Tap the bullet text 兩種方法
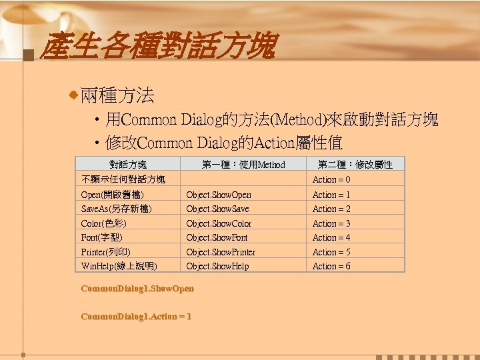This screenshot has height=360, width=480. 117,96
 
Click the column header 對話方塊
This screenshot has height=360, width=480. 128,165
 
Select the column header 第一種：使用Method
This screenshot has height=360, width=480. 243,165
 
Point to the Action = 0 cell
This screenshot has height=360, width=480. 331,179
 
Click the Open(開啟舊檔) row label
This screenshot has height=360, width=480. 112,195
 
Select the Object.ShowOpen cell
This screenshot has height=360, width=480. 219,195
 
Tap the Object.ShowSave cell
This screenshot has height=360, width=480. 218,209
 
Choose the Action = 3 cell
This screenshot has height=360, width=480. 331,223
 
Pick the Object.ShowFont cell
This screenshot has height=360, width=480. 217,237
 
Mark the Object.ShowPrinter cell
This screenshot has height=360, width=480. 221,252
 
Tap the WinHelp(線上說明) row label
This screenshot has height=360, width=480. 119,266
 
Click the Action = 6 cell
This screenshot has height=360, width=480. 331,266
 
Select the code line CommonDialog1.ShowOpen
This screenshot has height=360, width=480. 137,289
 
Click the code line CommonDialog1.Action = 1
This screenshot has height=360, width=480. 135,316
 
